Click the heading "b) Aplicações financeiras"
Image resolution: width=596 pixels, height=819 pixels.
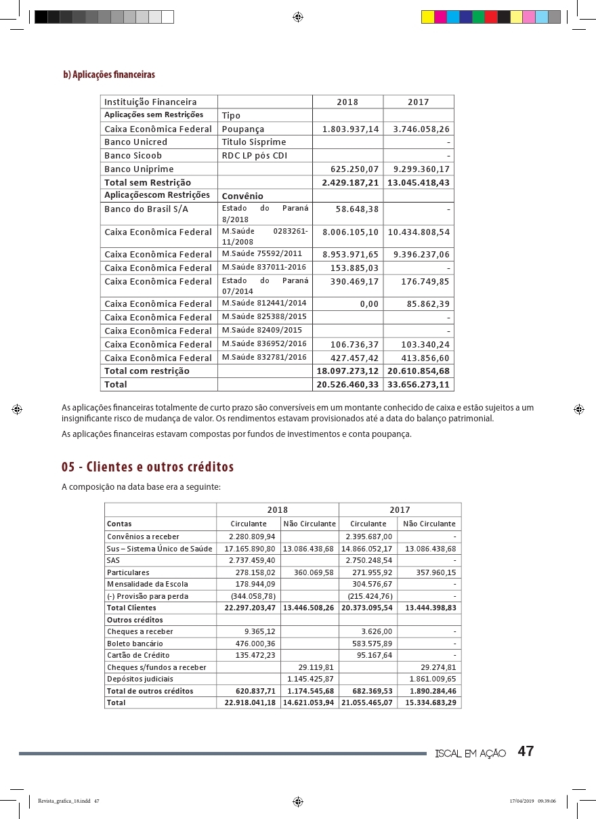pos(109,75)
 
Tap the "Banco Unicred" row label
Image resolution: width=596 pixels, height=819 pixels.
pos(135,142)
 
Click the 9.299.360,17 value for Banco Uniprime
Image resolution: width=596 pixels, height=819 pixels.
pos(419,169)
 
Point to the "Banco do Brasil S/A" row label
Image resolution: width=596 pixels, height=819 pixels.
pos(146,209)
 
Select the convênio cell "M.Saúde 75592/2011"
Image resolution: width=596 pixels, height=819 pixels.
pos(262,254)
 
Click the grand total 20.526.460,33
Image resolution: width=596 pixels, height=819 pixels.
pos(348,384)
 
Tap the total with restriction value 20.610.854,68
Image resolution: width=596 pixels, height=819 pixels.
pos(419,371)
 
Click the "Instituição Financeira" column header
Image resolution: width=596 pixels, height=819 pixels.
pos(150,102)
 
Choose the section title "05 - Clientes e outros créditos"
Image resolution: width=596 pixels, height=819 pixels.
pos(148,467)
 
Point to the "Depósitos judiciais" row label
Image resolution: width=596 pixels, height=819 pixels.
pos(140,679)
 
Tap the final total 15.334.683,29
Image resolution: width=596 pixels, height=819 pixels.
pos(430,702)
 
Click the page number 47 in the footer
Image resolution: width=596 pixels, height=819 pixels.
pos(526,751)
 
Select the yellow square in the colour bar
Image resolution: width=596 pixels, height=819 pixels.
pos(427,17)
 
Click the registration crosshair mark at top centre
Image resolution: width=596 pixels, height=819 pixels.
pos(297,17)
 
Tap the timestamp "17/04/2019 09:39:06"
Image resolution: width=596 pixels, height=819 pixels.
pos(532,801)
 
